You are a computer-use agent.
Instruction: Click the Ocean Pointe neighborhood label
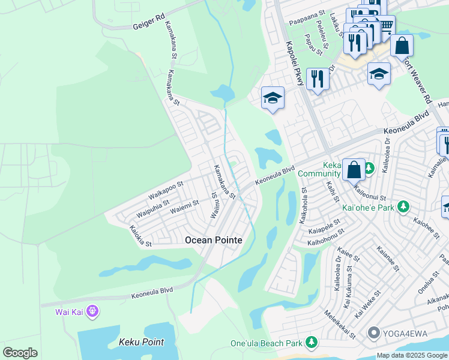pos(214,240)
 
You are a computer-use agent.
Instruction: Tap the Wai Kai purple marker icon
pos(92,311)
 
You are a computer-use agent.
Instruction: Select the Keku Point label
pos(142,342)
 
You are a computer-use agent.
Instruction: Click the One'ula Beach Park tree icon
pos(311,342)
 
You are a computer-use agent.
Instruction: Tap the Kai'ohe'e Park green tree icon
pos(404,208)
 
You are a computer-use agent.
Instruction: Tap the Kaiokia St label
pos(141,236)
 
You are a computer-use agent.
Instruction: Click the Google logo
pos(20,353)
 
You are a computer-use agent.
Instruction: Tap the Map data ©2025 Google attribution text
pos(412,355)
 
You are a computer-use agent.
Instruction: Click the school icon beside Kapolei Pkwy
pos(273,98)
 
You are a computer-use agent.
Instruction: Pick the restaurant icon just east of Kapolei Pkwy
pos(317,78)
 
